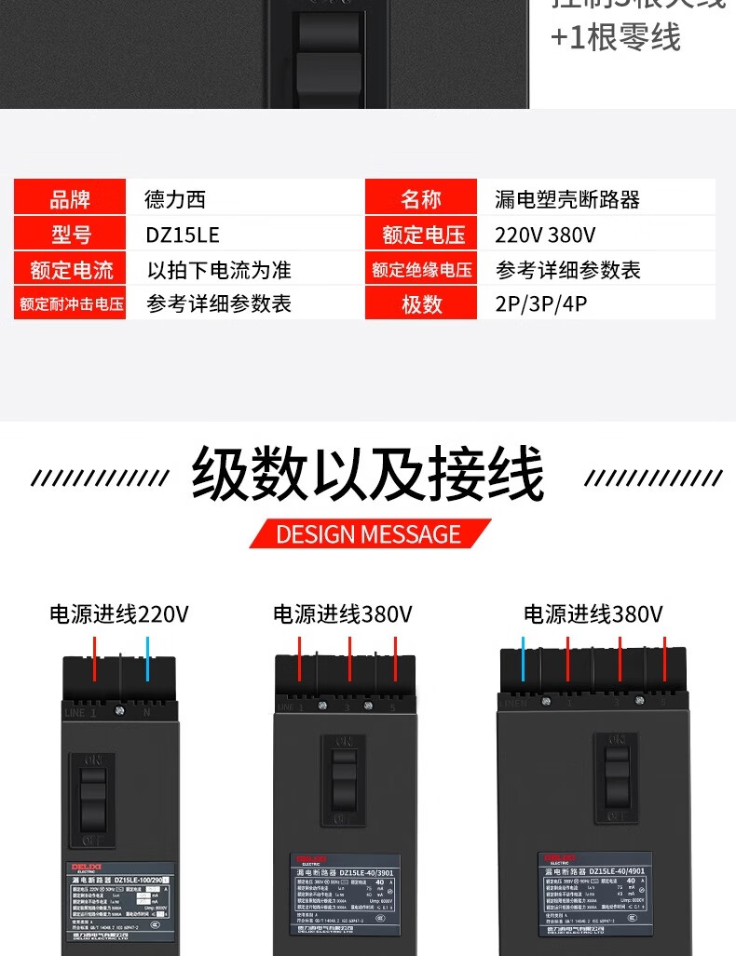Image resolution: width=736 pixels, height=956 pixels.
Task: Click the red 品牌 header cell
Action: [70, 199]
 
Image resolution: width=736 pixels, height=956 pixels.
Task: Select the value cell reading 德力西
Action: [175, 199]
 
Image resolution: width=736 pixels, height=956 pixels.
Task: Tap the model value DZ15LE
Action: [183, 235]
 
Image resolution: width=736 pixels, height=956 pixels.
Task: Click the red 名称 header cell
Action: [420, 199]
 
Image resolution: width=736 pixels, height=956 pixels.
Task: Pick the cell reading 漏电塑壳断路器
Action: [567, 199]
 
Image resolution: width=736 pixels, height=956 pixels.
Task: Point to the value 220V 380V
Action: [546, 235]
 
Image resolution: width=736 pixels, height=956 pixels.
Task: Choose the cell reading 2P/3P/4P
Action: [541, 304]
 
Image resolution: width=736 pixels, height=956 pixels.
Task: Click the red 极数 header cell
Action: [420, 304]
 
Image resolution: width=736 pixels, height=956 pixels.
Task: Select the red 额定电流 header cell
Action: [70, 270]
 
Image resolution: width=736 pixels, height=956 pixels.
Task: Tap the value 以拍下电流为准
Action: [219, 270]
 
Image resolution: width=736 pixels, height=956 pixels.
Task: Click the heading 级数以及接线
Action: [367, 475]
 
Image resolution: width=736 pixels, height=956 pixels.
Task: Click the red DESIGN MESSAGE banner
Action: [369, 533]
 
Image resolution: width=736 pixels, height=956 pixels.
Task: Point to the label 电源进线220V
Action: [119, 614]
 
